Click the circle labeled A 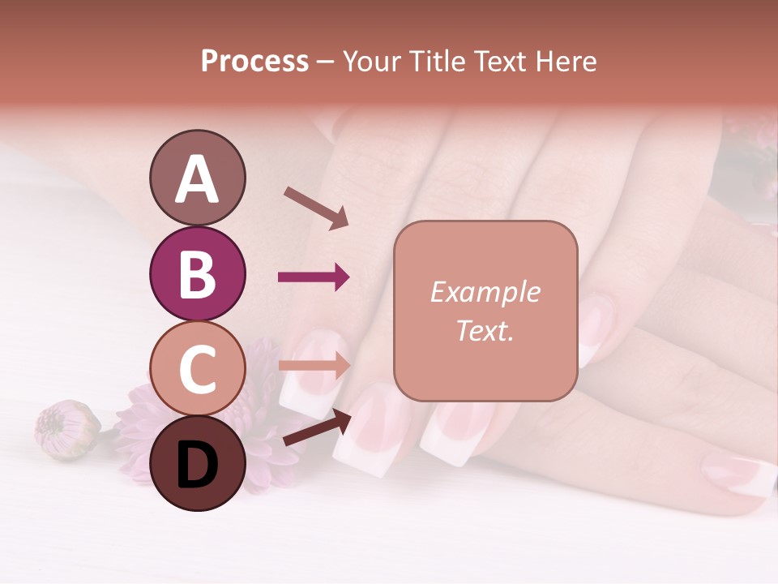pyautogui.click(x=198, y=178)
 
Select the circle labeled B pyautogui.click(x=198, y=273)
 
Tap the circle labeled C pyautogui.click(x=198, y=369)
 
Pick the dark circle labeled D pyautogui.click(x=198, y=465)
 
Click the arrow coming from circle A pyautogui.click(x=316, y=207)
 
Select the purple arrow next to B pyautogui.click(x=314, y=277)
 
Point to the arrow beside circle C pyautogui.click(x=314, y=365)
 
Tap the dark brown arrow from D pyautogui.click(x=317, y=427)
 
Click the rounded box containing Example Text pyautogui.click(x=485, y=311)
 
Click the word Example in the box pyautogui.click(x=485, y=292)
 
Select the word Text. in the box pyautogui.click(x=485, y=330)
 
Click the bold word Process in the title pyautogui.click(x=254, y=61)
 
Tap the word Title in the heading pyautogui.click(x=439, y=61)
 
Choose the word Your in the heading pyautogui.click(x=373, y=61)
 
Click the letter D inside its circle pyautogui.click(x=198, y=466)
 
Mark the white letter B pyautogui.click(x=198, y=274)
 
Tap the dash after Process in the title pyautogui.click(x=326, y=62)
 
